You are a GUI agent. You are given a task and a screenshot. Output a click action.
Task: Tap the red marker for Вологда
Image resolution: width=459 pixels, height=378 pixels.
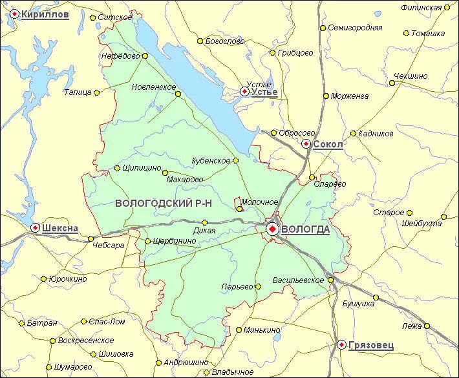coord(272,229)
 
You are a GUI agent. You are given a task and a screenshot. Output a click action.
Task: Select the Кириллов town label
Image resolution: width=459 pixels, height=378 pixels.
coord(45,15)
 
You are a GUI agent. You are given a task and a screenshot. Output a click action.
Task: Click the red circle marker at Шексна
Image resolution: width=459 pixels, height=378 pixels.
coord(35,227)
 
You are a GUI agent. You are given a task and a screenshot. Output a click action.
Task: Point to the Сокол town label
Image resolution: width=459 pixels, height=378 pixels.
coord(328,145)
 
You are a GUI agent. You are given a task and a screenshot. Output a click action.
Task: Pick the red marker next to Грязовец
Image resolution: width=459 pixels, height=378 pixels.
coord(341,345)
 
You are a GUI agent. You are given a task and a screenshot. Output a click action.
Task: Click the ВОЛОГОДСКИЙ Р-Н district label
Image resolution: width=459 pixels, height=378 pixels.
coord(164,204)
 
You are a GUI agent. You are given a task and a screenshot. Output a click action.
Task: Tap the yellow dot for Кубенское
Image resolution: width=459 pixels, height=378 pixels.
coord(235,160)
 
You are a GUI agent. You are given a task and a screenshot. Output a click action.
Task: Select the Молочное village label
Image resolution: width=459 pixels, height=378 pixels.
coord(259,202)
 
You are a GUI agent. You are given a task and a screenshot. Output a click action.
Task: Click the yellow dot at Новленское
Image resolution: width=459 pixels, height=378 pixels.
coord(178,94)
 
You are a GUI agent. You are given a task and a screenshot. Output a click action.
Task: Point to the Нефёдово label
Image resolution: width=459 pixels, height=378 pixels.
coord(120,56)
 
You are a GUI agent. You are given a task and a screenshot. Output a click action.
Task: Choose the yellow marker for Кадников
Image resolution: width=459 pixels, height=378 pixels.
coord(353,134)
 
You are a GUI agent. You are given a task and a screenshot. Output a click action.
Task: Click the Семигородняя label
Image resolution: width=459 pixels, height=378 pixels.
coord(355,28)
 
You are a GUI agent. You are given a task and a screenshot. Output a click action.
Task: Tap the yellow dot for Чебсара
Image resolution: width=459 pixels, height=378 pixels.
coord(91,238)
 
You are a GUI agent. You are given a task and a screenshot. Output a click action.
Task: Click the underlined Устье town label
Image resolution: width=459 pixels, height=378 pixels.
coord(265,92)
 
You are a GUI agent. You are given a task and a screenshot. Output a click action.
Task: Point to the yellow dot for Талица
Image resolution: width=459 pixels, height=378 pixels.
coord(96,92)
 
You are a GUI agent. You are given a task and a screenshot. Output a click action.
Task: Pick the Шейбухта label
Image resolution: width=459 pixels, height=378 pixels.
coord(422,224)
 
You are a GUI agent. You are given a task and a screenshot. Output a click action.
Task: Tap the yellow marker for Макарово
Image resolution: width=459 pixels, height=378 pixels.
coord(165,173)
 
